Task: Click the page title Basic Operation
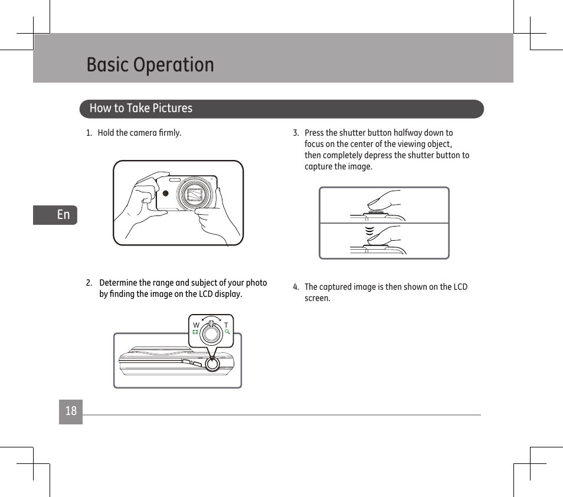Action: point(150,64)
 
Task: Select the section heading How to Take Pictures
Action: point(140,108)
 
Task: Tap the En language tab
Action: point(63,215)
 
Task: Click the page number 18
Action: point(71,411)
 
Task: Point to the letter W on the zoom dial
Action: point(196,325)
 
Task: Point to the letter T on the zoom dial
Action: point(226,325)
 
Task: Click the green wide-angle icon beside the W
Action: point(195,332)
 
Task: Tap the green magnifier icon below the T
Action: point(227,332)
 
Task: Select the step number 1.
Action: point(89,133)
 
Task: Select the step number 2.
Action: point(89,283)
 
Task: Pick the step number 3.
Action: point(296,133)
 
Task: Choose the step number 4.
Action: point(296,287)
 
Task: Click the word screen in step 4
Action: point(317,298)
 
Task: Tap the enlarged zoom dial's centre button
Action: point(211,334)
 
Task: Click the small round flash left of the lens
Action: point(166,194)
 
